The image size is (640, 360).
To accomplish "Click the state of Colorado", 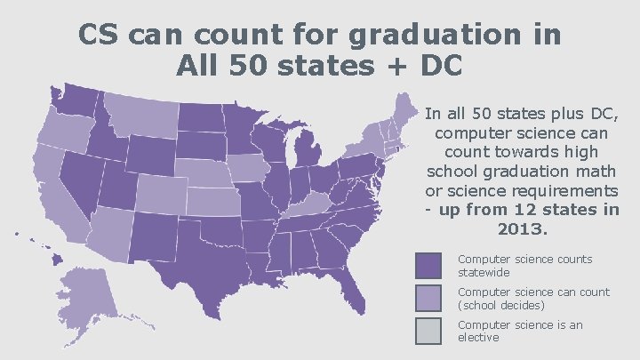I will pyautogui.click(x=158, y=192).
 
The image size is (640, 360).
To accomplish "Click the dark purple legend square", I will pyautogui.click(x=428, y=265).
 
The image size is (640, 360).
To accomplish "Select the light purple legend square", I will pyautogui.click(x=428, y=298).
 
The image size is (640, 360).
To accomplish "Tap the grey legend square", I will pyautogui.click(x=428, y=331).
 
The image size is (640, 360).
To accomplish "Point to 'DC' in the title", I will pyautogui.click(x=442, y=65).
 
